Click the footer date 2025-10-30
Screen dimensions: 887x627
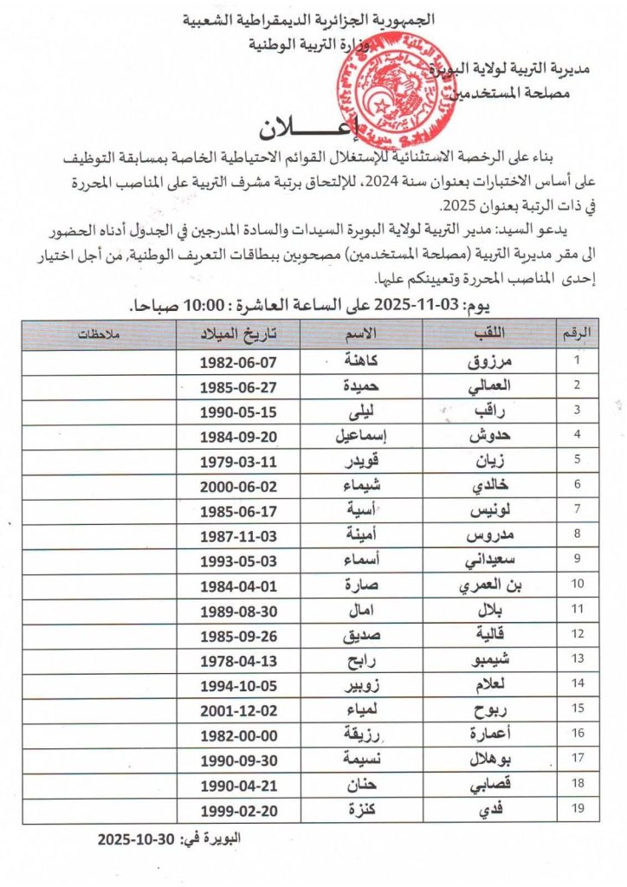(x=139, y=840)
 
